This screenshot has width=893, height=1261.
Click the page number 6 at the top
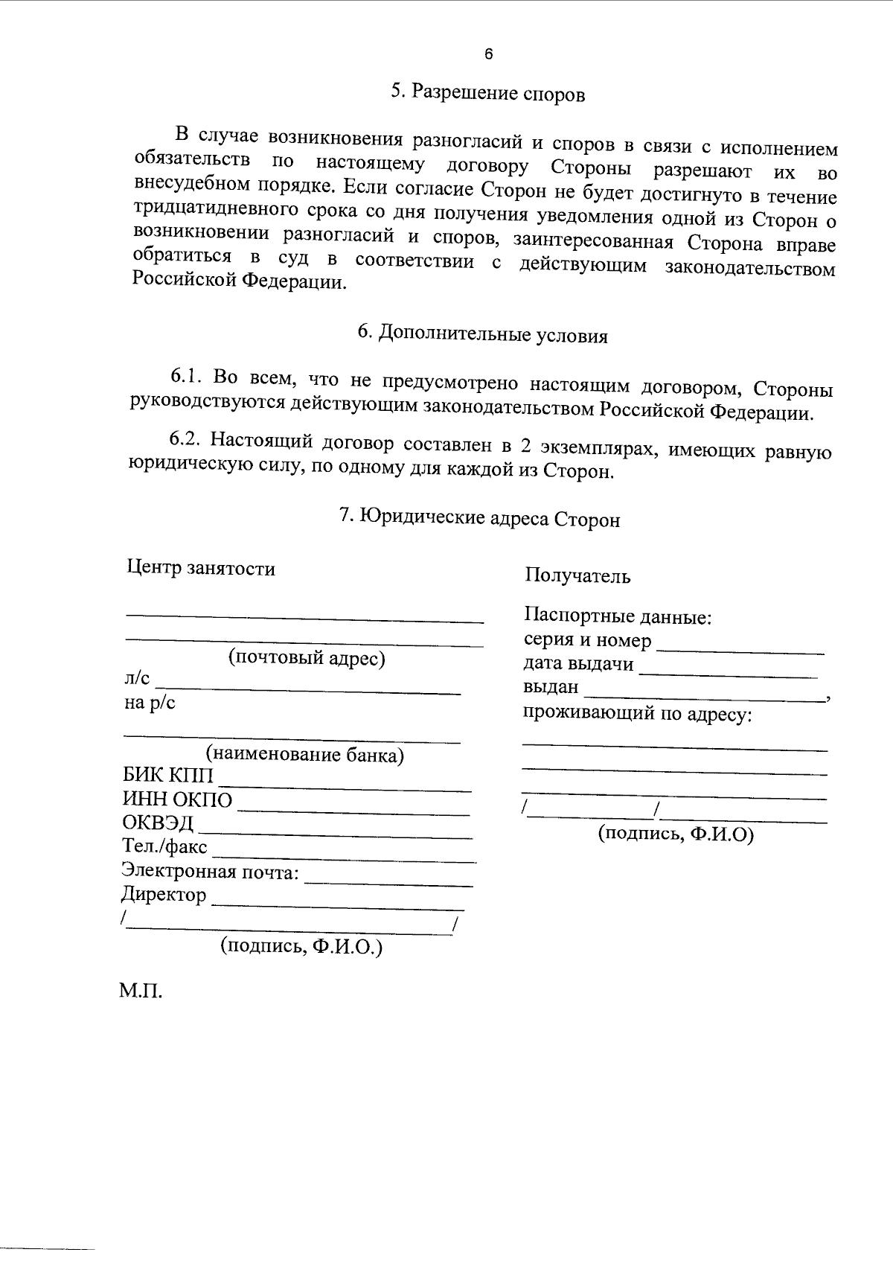pos(488,54)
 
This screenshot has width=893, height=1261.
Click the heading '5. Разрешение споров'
pos(487,94)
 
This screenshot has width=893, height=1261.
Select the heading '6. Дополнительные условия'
pos(482,334)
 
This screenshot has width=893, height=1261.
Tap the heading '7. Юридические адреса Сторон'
pos(479,517)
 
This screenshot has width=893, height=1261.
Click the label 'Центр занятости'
pos(201,569)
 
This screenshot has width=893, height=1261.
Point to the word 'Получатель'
pos(577,575)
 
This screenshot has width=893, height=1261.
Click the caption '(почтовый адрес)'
pos(306,658)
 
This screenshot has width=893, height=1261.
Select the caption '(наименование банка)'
pos(305,755)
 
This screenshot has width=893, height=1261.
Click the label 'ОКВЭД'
pos(158,823)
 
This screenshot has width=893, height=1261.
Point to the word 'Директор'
pos(164,894)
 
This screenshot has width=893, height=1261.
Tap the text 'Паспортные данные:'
pos(618,616)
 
